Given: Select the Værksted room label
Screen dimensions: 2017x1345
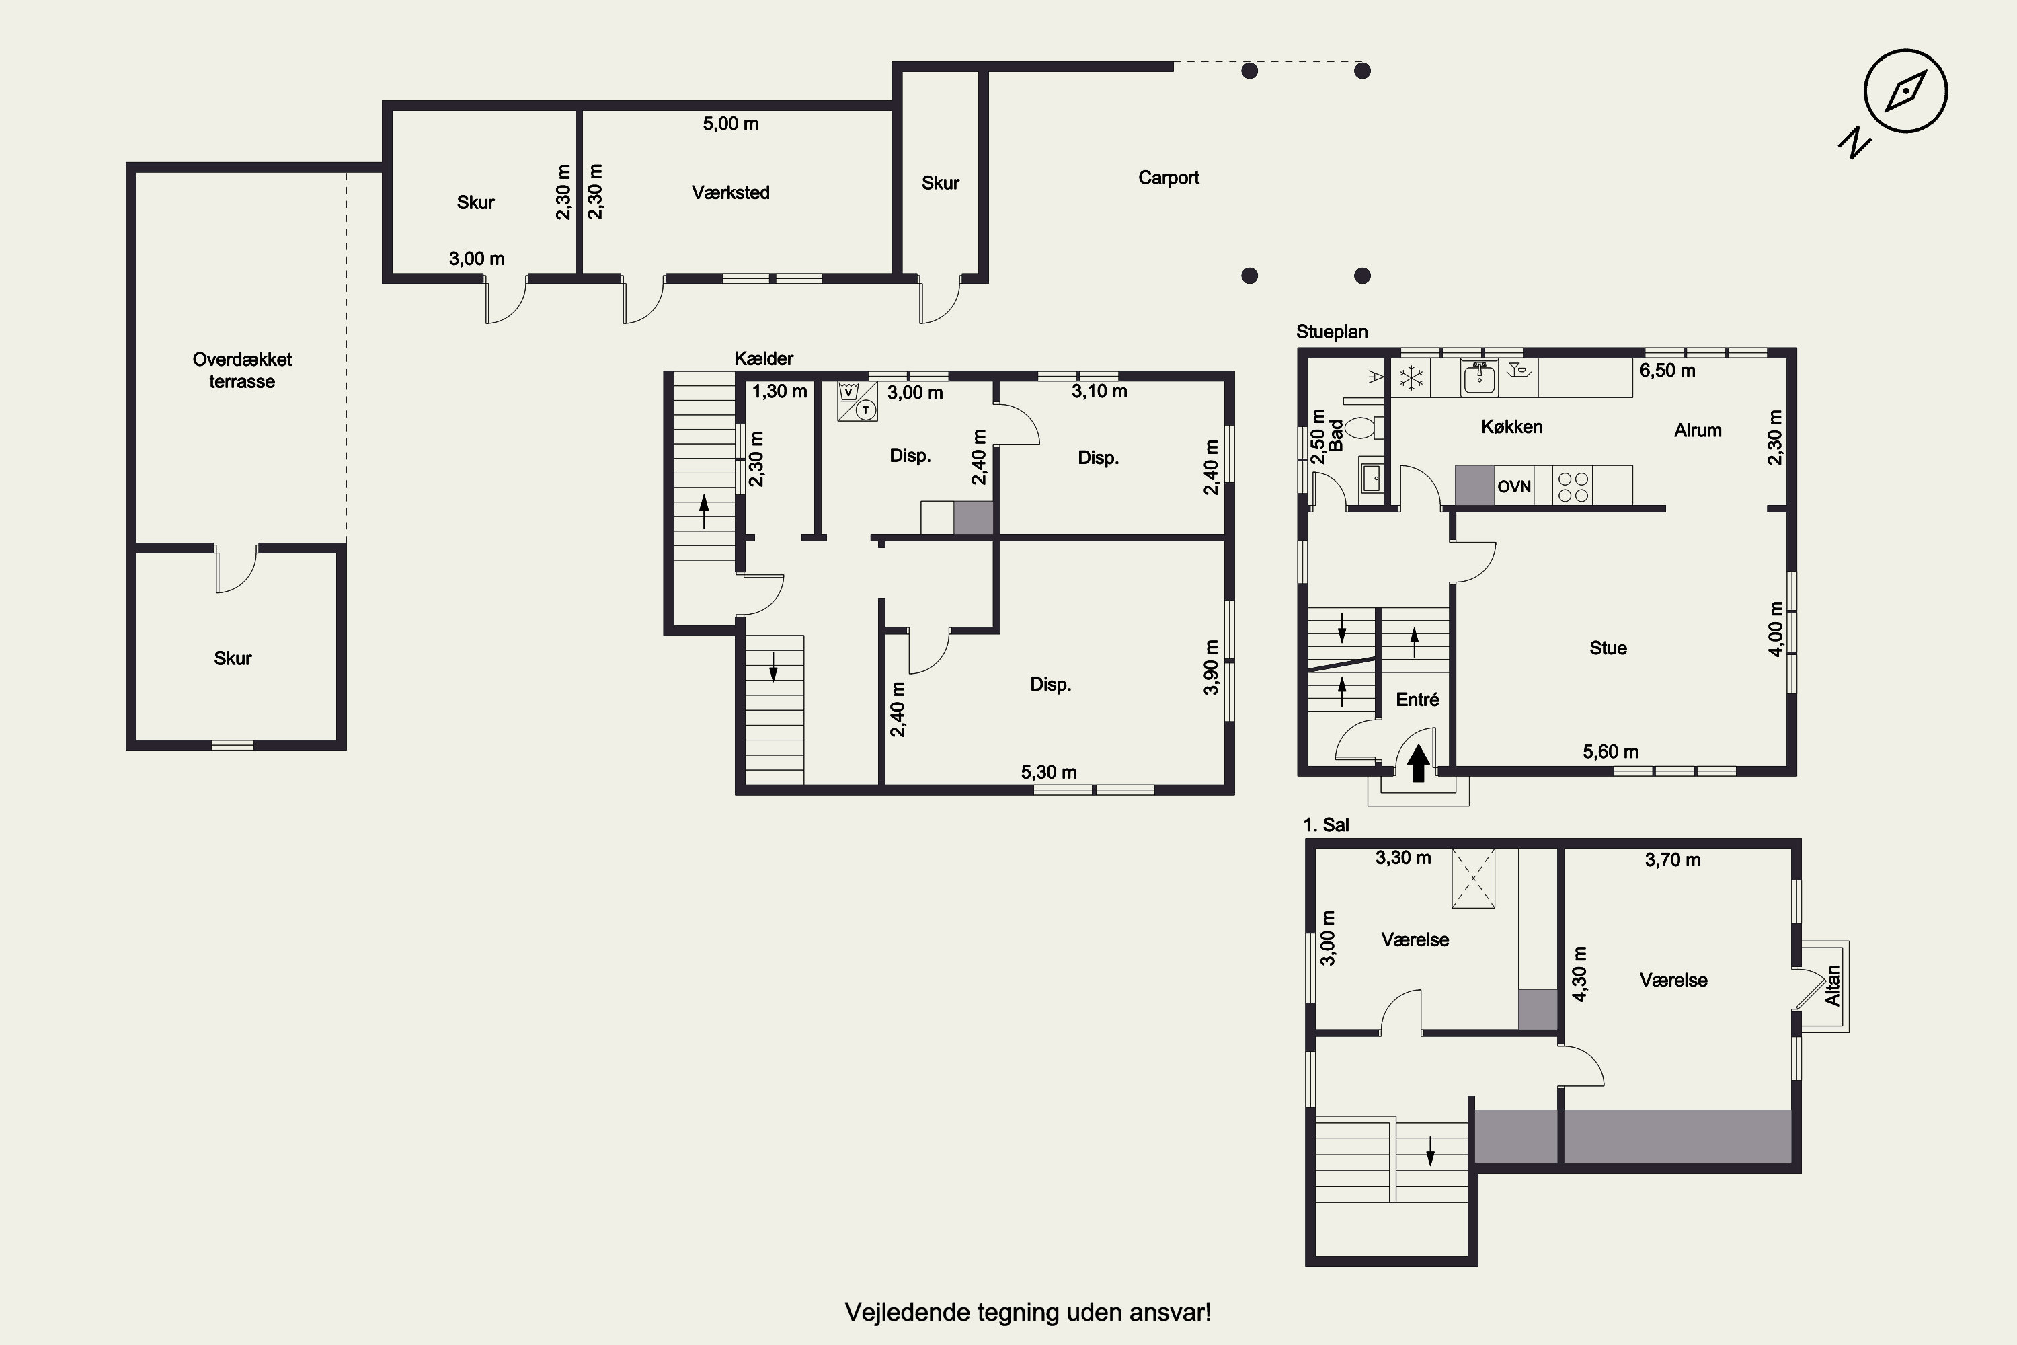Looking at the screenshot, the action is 731,192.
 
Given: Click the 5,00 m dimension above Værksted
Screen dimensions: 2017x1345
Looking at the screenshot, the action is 731,124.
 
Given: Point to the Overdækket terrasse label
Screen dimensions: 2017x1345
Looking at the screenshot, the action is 242,371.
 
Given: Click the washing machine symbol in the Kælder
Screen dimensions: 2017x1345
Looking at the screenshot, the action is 848,393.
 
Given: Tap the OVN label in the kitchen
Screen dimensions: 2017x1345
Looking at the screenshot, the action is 1513,486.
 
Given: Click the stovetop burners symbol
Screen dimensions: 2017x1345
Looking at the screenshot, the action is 1573,486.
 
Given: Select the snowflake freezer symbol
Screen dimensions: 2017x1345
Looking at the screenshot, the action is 1411,377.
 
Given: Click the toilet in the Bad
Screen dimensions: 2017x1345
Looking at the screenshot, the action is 1363,426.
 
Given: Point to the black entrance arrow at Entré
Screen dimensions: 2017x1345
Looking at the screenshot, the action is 1417,763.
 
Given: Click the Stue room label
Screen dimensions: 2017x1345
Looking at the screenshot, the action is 1608,648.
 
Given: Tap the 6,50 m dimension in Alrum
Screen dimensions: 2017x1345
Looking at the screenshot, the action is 1667,371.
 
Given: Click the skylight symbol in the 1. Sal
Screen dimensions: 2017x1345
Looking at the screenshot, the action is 1473,878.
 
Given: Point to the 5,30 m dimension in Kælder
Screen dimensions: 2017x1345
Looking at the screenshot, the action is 1048,772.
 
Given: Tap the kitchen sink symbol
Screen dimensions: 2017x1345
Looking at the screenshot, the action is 1479,377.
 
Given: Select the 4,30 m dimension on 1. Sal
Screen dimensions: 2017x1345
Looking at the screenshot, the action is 1579,974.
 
